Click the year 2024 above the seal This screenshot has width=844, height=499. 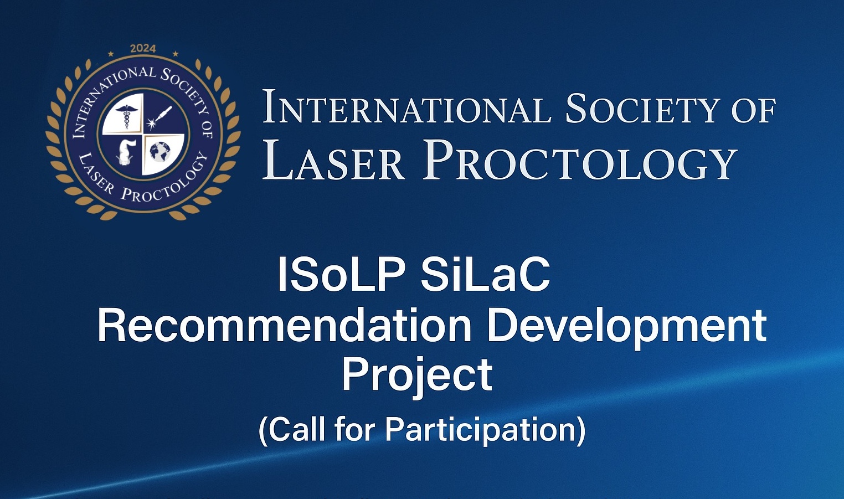[143, 49]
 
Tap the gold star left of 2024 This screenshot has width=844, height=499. [111, 54]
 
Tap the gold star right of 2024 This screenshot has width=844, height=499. [176, 54]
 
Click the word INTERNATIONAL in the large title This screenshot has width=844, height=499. [406, 109]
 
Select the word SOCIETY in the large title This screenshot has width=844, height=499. [642, 109]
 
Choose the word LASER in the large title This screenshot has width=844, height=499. [334, 161]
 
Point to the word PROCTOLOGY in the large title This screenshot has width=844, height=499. [580, 161]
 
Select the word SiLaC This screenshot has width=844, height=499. [485, 274]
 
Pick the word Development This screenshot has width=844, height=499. [626, 327]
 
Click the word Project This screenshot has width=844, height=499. [417, 375]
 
